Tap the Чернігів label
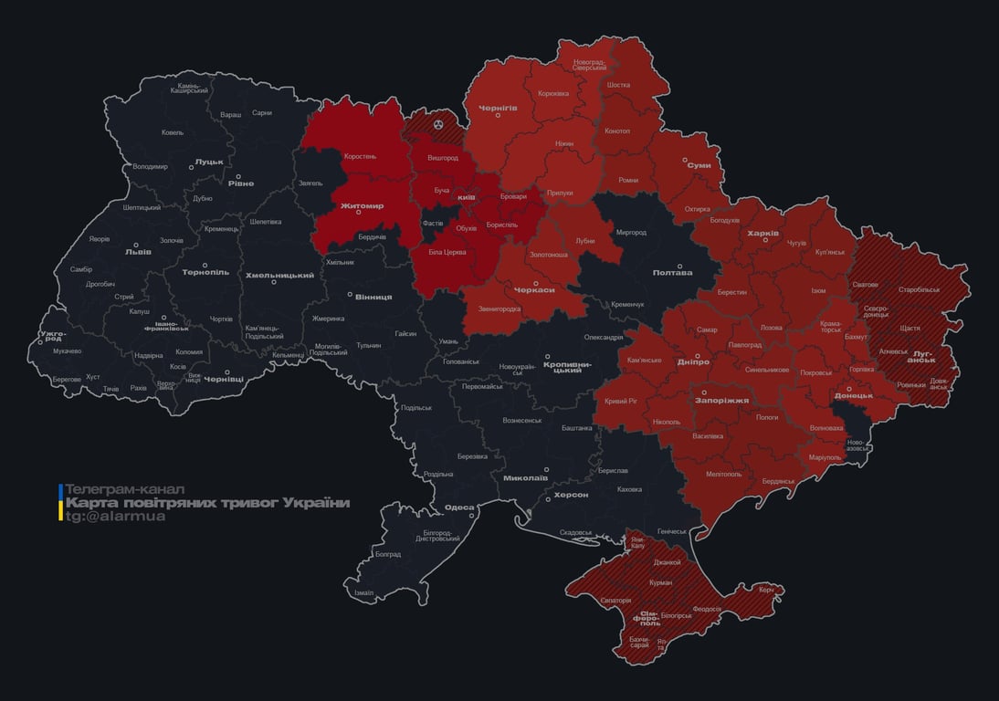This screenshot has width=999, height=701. pyautogui.click(x=498, y=108)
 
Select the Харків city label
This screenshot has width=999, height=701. pyautogui.click(x=762, y=234)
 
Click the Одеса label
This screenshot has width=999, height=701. pyautogui.click(x=458, y=507)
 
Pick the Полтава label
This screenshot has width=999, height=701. pyautogui.click(x=672, y=273)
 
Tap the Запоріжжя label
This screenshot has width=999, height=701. pyautogui.click(x=721, y=400)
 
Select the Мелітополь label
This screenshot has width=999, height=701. pyautogui.click(x=724, y=474)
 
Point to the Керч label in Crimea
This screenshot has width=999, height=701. pyautogui.click(x=766, y=590)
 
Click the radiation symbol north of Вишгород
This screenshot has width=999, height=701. pyautogui.click(x=438, y=122)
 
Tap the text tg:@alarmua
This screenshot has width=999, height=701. pyautogui.click(x=116, y=517)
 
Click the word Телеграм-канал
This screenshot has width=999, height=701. pyautogui.click(x=125, y=489)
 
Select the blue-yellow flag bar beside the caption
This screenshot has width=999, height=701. pyautogui.click(x=60, y=503)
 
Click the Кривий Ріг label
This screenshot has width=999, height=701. pyautogui.click(x=622, y=401)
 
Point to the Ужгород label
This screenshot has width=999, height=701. pyautogui.click(x=53, y=337)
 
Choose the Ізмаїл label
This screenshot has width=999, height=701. pyautogui.click(x=363, y=592)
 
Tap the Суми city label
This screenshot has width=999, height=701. pyautogui.click(x=699, y=165)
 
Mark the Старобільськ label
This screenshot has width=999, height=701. pyautogui.click(x=919, y=289)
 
